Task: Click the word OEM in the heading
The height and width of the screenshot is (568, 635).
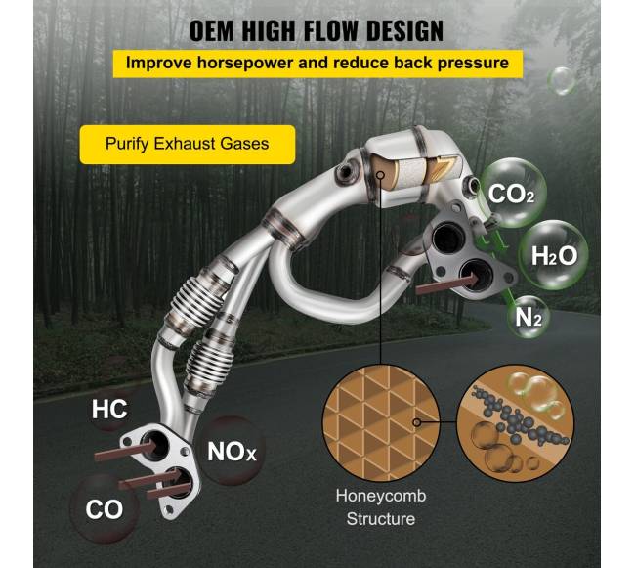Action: (x=211, y=31)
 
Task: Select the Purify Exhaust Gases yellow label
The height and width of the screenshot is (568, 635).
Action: (x=188, y=145)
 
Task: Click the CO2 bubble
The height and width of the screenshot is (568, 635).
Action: (x=512, y=193)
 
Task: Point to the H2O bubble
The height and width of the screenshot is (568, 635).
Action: (x=554, y=255)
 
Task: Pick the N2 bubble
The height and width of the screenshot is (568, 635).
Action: (x=529, y=317)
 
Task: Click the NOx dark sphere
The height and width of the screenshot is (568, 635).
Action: (x=232, y=451)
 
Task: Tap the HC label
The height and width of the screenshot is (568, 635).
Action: (x=109, y=410)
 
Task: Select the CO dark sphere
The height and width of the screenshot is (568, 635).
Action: (x=105, y=508)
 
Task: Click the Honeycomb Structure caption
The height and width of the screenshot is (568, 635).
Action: (x=381, y=507)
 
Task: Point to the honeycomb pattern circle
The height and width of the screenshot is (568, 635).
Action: (x=381, y=423)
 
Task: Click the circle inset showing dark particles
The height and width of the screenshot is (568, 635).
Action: (x=515, y=423)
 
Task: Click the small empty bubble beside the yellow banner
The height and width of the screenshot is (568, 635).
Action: (x=562, y=81)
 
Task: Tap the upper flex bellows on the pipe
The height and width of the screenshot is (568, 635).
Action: (x=197, y=299)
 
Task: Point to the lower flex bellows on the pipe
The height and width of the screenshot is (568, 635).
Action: (x=209, y=363)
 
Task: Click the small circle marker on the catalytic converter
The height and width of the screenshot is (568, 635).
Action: (x=380, y=175)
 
